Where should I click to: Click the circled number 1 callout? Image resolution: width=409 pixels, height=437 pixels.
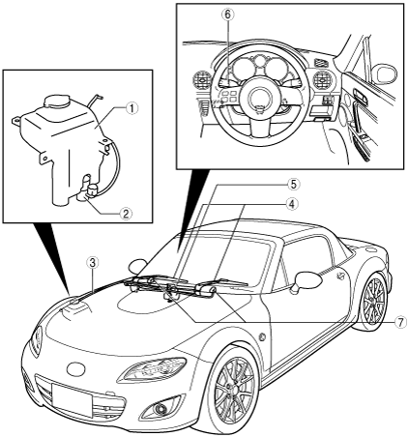click(x=131, y=108)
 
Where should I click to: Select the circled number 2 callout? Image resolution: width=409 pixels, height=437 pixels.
click(x=126, y=213)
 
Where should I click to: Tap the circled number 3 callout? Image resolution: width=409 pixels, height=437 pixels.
click(x=93, y=263)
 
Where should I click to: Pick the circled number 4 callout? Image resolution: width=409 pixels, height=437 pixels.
click(x=291, y=204)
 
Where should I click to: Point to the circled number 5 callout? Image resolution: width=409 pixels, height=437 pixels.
click(x=294, y=185)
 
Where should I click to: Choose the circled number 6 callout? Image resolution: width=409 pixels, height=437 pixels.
click(x=228, y=15)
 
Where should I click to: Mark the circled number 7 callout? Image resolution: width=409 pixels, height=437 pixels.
click(x=399, y=322)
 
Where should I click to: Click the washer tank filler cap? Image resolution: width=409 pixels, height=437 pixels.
click(x=57, y=102)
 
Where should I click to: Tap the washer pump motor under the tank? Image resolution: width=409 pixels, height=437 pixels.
click(x=90, y=191)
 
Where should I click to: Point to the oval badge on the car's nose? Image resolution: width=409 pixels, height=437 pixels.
click(x=75, y=368)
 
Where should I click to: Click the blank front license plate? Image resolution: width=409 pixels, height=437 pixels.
click(x=72, y=400)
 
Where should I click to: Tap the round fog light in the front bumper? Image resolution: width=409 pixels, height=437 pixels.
click(x=159, y=409)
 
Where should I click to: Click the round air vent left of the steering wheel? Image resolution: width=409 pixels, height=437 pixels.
click(x=203, y=79)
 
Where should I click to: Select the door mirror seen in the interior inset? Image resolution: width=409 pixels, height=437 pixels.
click(x=385, y=73)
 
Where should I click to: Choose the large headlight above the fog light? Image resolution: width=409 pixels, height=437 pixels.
click(x=153, y=368)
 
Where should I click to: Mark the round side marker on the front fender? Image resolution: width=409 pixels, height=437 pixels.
click(x=263, y=337)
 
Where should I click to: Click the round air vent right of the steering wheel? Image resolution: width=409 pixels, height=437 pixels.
click(x=321, y=81)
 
